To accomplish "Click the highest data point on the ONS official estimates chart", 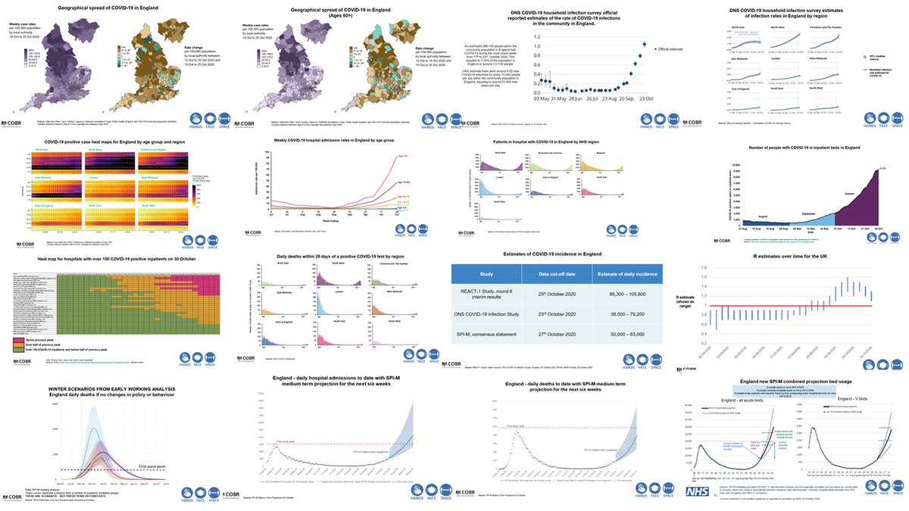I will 644,45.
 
